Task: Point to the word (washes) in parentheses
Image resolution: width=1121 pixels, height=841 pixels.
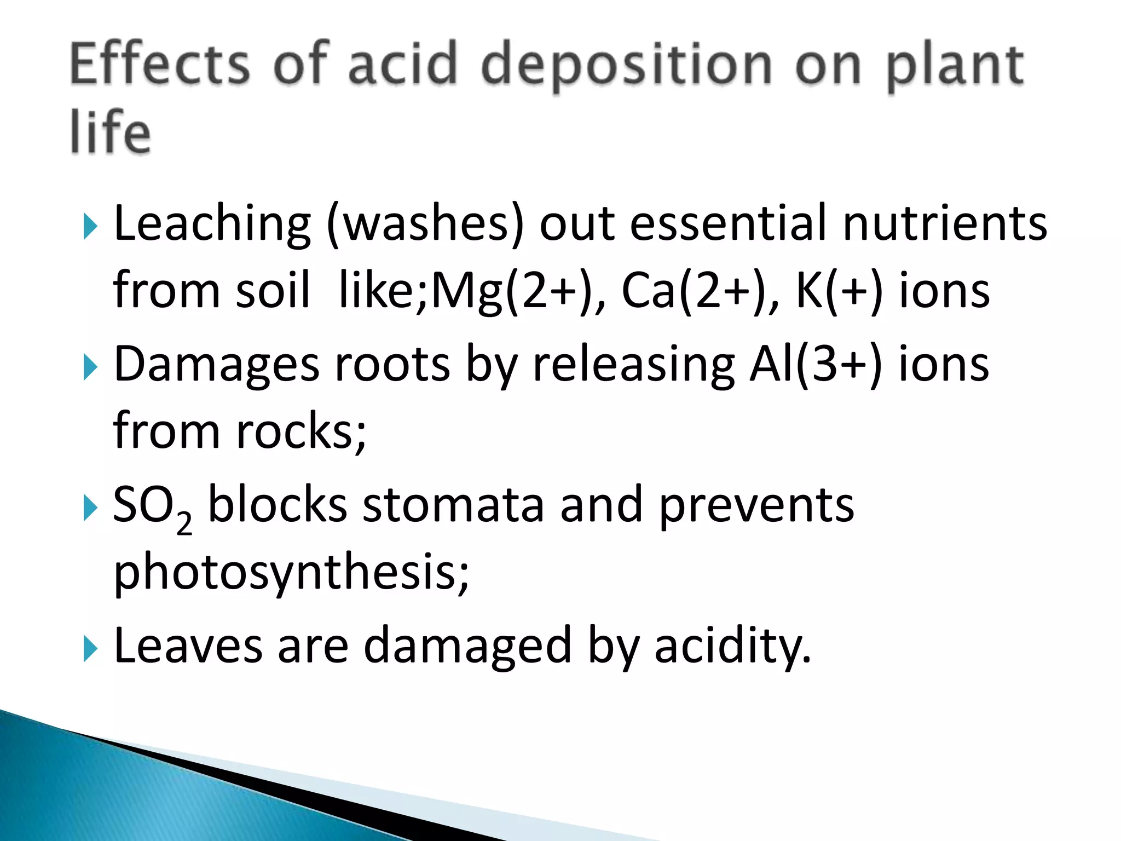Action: tap(425, 224)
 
